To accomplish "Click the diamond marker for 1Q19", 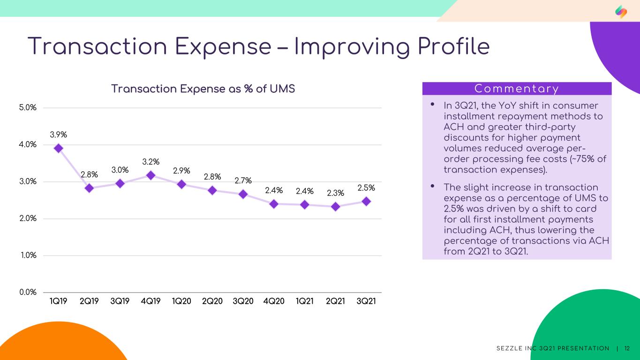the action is (x=59, y=148).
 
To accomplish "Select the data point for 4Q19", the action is (x=151, y=175).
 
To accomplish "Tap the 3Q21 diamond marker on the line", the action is (x=366, y=202).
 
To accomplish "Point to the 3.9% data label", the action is (x=58, y=135).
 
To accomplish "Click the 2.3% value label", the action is (x=335, y=193).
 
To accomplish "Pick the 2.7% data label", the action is (x=243, y=180).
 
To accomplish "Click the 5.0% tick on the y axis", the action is (x=28, y=108).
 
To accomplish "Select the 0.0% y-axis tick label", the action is (x=28, y=292).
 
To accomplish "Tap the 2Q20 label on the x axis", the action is (x=212, y=301).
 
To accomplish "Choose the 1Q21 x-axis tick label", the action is (x=305, y=301).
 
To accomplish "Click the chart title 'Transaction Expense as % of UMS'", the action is (x=203, y=89).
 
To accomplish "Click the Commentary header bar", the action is (x=517, y=89).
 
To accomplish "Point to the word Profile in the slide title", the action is (x=454, y=46).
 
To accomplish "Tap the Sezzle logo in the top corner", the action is (x=621, y=12).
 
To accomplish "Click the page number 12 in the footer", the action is (x=627, y=349).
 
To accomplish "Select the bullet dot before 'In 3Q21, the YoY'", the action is (x=433, y=104).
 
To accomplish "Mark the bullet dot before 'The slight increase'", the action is (x=433, y=186).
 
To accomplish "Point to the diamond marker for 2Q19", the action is (x=90, y=188).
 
